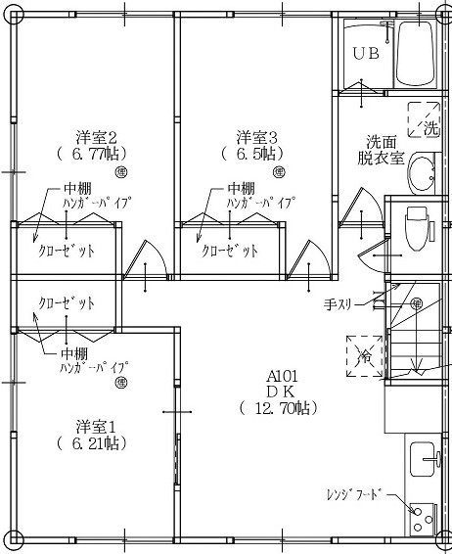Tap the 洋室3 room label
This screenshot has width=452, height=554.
click(x=256, y=137)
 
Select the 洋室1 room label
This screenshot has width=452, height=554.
click(x=96, y=427)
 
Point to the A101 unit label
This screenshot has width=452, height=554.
click(x=282, y=376)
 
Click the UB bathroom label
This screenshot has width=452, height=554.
click(x=366, y=54)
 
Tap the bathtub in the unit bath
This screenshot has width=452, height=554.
click(x=415, y=53)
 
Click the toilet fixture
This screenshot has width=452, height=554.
click(x=418, y=228)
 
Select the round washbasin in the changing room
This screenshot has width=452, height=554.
click(x=423, y=173)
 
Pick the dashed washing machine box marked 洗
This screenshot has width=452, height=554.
click(x=424, y=119)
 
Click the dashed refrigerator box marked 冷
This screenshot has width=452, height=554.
click(x=364, y=356)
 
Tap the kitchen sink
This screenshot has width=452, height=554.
click(x=425, y=459)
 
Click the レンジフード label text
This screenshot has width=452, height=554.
click(x=354, y=494)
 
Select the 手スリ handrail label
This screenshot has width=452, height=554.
click(x=338, y=303)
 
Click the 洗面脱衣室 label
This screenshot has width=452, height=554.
click(x=381, y=150)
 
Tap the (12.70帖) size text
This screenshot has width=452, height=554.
click(x=279, y=408)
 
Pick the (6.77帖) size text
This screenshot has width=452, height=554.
click(x=91, y=154)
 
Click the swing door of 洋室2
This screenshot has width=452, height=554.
click(x=145, y=260)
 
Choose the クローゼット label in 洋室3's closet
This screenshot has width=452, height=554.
click(x=230, y=251)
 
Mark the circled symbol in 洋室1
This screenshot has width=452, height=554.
click(x=121, y=383)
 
